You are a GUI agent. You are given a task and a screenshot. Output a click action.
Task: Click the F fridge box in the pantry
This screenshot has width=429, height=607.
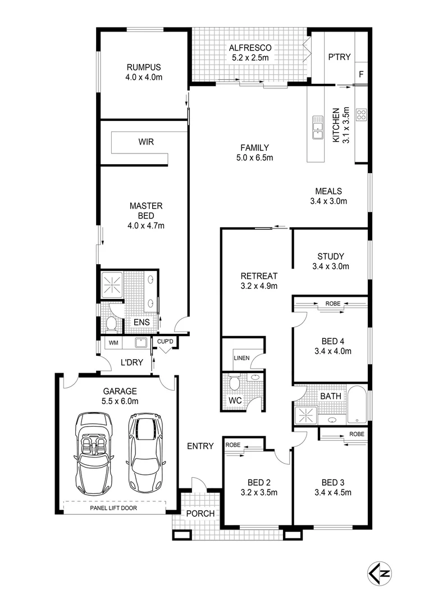point(361,74)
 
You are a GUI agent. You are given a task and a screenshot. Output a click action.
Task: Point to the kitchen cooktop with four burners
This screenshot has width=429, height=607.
point(362,115)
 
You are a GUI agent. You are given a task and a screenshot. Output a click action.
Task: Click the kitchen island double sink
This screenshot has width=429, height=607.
point(318,126)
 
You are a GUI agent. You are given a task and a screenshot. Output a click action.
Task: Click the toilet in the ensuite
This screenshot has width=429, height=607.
point(111,323)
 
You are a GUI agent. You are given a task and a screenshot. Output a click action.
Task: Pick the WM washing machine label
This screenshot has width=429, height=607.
point(113,342)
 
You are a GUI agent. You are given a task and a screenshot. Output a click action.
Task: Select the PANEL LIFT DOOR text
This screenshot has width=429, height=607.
point(115,508)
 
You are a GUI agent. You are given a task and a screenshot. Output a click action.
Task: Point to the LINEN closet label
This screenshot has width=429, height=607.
point(241,357)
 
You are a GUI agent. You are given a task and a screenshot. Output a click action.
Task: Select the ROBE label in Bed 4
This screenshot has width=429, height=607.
point(332,304)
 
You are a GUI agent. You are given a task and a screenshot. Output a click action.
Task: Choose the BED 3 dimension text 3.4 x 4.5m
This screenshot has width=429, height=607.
point(332,493)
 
